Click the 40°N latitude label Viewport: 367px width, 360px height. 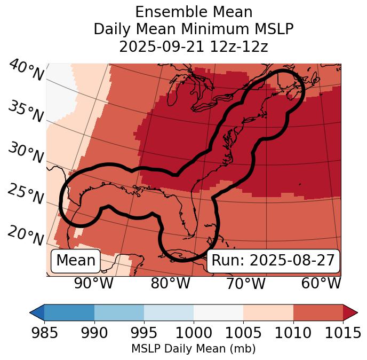(26, 71)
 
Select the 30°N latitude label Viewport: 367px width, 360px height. (25, 154)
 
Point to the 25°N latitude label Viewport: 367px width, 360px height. (25, 194)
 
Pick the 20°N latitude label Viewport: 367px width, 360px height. (25, 236)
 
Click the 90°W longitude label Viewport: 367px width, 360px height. (93, 284)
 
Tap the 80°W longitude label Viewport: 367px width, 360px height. (170, 284)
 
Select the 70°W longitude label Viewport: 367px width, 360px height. (245, 284)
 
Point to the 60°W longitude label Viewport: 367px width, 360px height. (321, 284)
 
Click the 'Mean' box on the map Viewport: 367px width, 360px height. (76, 261)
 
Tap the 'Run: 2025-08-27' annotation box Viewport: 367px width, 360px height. (273, 261)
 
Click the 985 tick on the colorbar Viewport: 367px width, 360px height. (44, 333)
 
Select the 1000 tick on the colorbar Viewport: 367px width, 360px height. (194, 333)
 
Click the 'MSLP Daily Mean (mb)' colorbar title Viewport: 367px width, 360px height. (193, 349)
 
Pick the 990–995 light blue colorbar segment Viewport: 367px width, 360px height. (119, 312)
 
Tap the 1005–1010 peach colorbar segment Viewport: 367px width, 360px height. (268, 312)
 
